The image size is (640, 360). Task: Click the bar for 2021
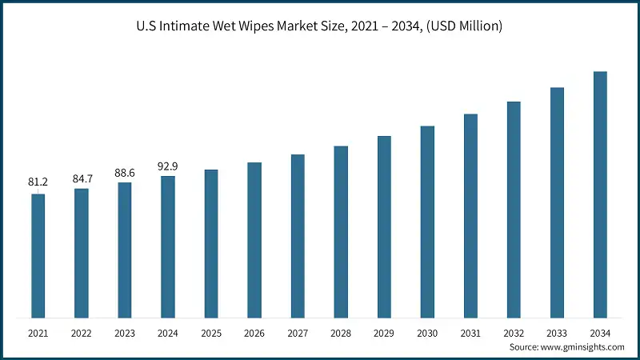pyautogui.click(x=38, y=256)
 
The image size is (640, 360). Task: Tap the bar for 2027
pyautogui.click(x=298, y=236)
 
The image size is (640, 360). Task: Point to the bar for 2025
pyautogui.click(x=211, y=243)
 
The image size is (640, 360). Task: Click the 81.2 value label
pyautogui.click(x=38, y=183)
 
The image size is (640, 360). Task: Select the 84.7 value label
pyautogui.click(x=82, y=178)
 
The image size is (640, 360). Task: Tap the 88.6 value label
pyautogui.click(x=125, y=172)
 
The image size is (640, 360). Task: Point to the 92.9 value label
pyautogui.click(x=168, y=166)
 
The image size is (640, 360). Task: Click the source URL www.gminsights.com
pyautogui.click(x=582, y=347)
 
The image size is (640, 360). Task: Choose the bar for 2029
pyautogui.click(x=384, y=227)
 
